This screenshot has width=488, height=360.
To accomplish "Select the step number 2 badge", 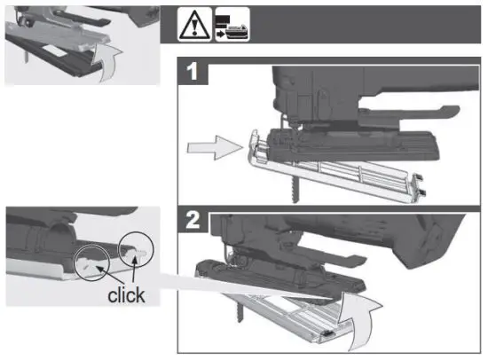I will pos(192,221).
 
